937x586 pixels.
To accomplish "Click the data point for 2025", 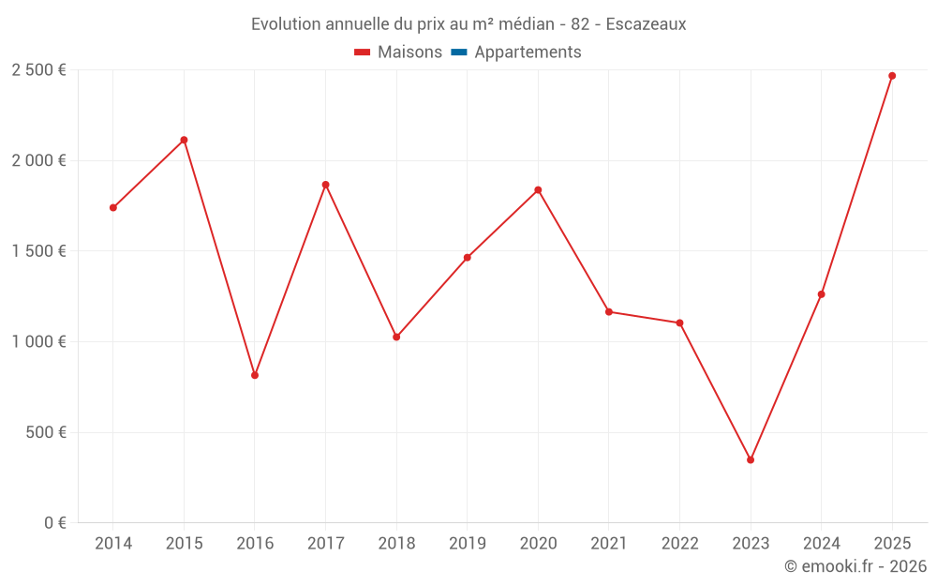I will tap(892, 76).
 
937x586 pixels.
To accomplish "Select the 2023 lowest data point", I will tap(751, 459).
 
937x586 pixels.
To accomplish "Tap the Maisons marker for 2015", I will tap(184, 140).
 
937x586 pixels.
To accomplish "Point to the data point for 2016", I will tap(255, 375).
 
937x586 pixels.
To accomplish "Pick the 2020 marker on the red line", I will tap(538, 190).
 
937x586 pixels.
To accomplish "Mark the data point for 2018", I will tap(396, 337).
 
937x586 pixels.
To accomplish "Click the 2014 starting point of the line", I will tap(113, 207).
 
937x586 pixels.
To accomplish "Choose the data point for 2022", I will tap(679, 323).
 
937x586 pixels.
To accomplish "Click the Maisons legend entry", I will tap(398, 53).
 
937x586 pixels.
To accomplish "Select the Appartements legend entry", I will tap(527, 53).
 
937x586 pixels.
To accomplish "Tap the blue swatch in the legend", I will tap(459, 53).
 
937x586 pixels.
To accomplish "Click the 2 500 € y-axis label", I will tap(38, 70).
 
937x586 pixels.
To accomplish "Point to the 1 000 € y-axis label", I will tap(38, 342).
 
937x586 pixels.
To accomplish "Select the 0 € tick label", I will tap(53, 523).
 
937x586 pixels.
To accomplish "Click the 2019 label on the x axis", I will tap(467, 544).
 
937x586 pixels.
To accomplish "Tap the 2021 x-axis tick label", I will tap(608, 544).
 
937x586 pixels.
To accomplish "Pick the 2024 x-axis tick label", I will tap(821, 544).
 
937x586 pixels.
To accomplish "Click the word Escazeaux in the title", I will tap(646, 24).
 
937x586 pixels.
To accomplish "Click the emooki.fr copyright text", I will tap(855, 566).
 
